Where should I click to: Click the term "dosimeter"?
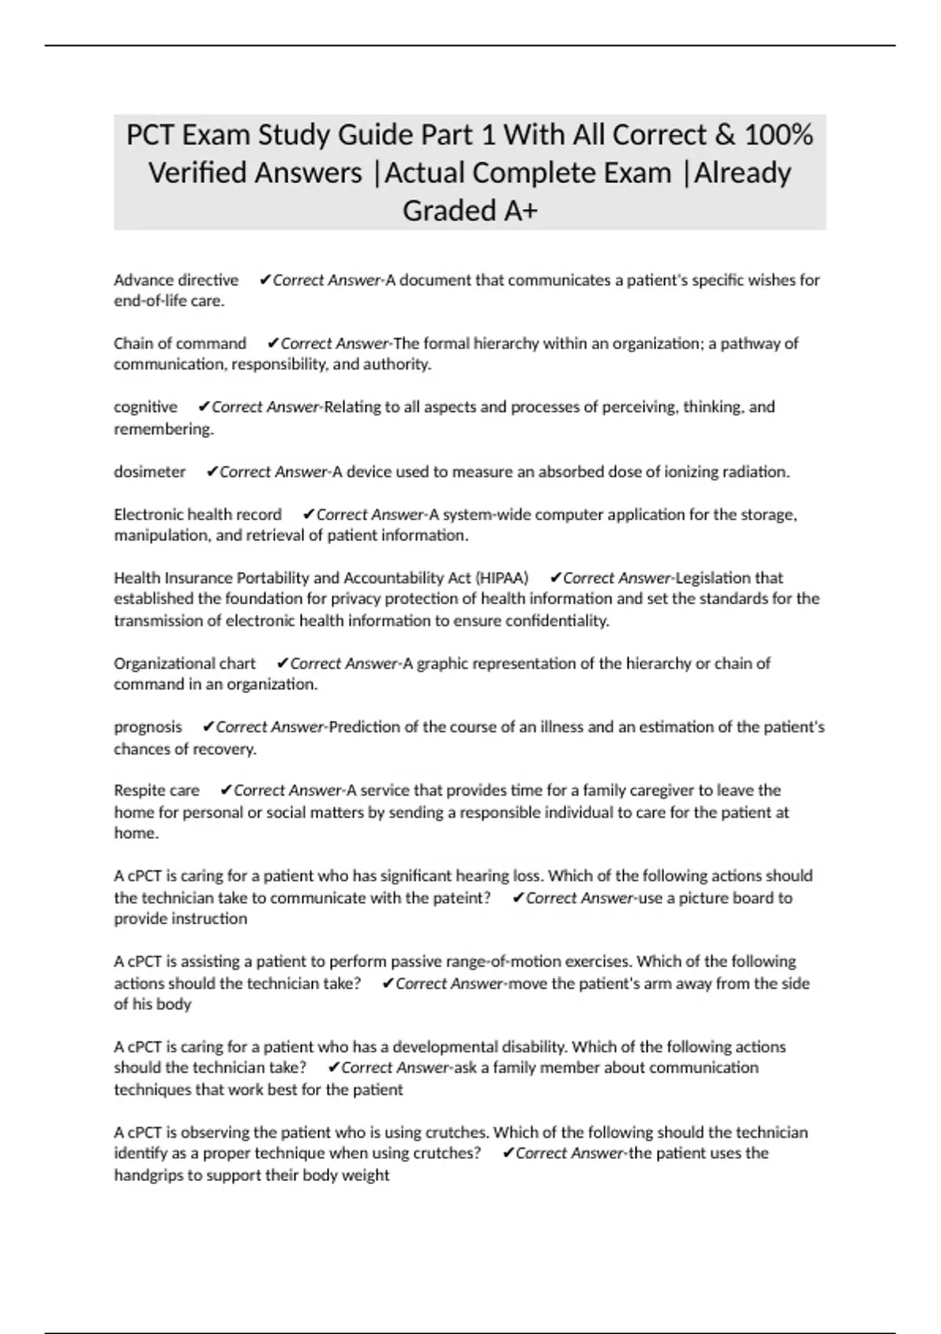pos(150,472)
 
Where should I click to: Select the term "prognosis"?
pos(147,727)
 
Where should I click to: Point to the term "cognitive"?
pos(145,407)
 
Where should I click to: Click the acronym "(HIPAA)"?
pos(500,578)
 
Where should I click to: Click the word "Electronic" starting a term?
pos(149,515)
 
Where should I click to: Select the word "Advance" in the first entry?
pos(143,280)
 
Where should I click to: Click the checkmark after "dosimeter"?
pos(211,472)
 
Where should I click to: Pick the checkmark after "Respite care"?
pos(226,790)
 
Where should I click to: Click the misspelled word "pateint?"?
pos(461,898)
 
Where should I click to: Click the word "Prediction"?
pos(365,727)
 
